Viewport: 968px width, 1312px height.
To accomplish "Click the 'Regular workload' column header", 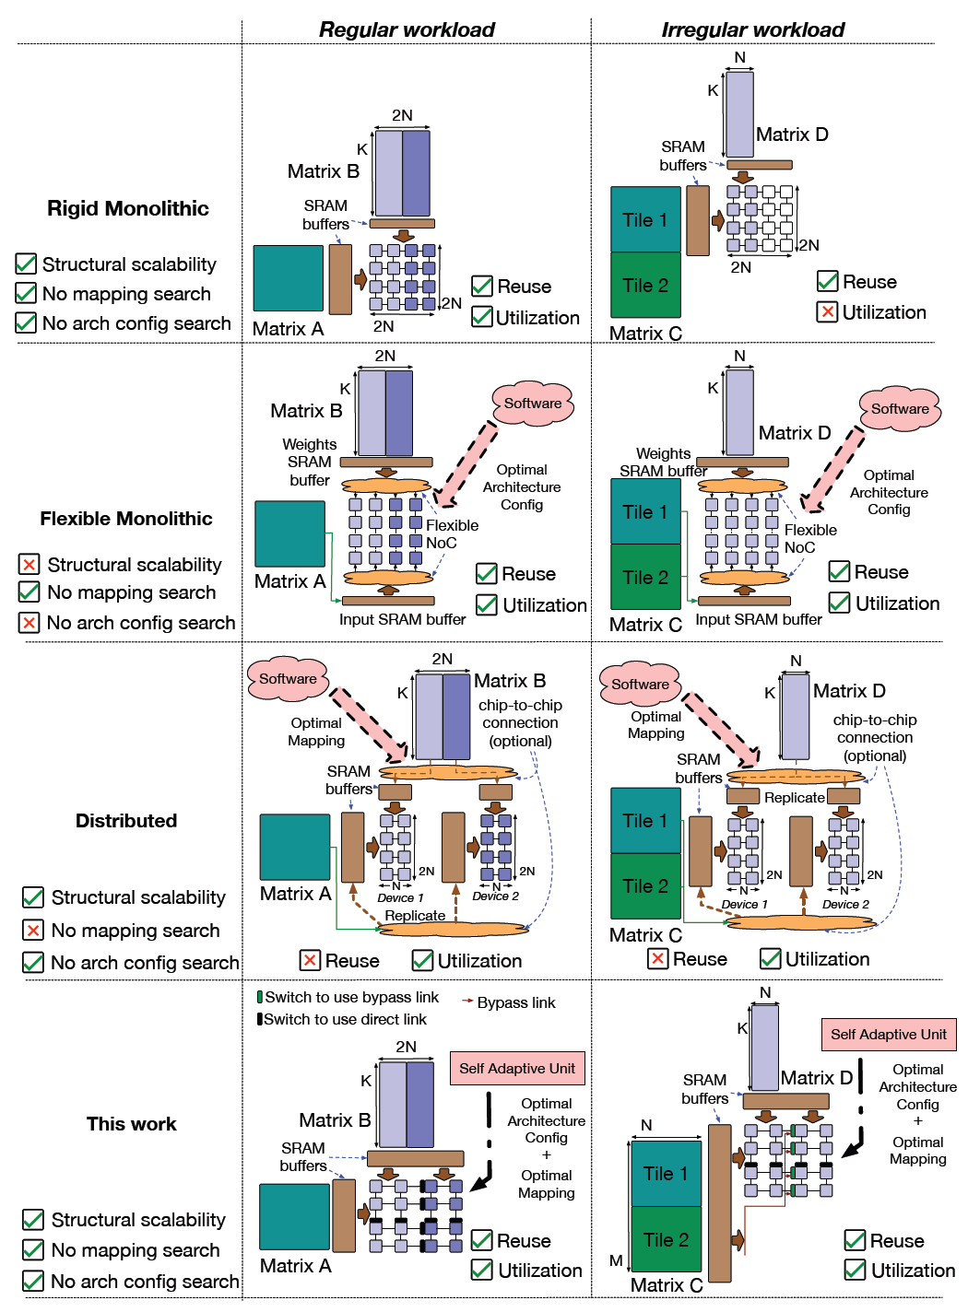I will (407, 29).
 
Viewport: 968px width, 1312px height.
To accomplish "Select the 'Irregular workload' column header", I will (752, 29).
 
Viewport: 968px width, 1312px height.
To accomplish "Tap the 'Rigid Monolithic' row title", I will (128, 208).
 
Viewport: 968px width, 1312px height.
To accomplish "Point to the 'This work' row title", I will (131, 1124).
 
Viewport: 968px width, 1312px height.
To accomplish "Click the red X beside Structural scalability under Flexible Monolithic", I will (30, 564).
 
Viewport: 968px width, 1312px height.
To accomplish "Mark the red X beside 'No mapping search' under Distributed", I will (33, 931).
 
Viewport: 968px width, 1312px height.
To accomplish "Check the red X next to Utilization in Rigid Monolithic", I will (828, 311).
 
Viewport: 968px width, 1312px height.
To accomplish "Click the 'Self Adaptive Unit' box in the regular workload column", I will (517, 1069).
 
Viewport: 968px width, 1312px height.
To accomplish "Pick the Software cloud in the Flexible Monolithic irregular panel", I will (900, 409).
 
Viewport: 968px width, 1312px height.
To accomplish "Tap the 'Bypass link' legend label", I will (516, 1002).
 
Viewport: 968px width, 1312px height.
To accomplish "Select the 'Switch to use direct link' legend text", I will (345, 1019).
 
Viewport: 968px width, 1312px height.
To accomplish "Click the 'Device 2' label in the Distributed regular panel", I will (495, 896).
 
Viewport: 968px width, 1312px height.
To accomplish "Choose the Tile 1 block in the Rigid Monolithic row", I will (645, 219).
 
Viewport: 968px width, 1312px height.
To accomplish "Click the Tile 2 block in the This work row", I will (666, 1240).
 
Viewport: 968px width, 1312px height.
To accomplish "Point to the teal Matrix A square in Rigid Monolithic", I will (289, 277).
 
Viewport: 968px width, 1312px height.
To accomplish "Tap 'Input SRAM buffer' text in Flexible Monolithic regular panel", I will (402, 619).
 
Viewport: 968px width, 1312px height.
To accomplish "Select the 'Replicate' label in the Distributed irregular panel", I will (794, 798).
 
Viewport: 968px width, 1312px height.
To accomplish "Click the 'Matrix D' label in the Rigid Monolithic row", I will (792, 135).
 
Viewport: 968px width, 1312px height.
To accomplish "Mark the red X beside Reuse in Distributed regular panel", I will (311, 960).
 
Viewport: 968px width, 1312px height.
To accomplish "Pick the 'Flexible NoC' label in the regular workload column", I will (452, 533).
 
